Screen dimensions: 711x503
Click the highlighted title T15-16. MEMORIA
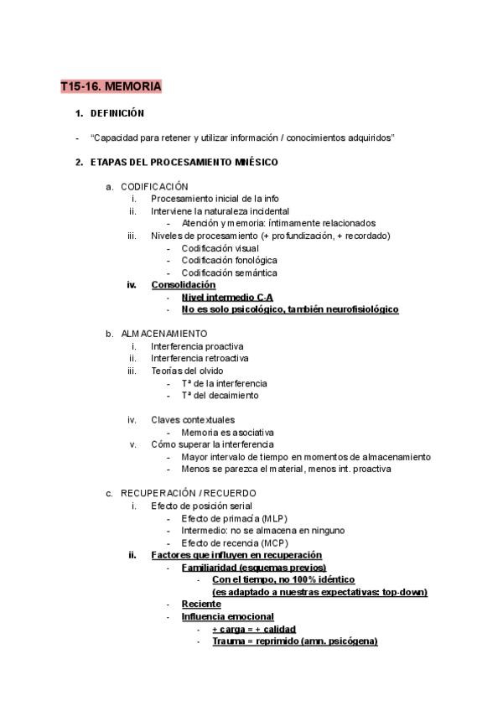click(111, 86)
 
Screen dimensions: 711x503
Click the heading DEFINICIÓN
click(117, 112)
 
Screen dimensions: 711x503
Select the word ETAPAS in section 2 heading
click(108, 162)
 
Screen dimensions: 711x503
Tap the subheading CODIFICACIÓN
click(154, 186)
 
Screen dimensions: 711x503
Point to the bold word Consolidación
click(183, 285)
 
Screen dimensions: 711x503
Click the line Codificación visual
click(220, 248)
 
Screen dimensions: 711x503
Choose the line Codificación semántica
click(229, 272)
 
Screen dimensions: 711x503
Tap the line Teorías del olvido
click(187, 371)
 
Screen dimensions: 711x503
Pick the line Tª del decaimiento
click(220, 395)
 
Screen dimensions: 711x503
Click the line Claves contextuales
click(193, 420)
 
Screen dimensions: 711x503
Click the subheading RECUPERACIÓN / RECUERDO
click(188, 493)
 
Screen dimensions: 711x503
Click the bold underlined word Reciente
click(201, 604)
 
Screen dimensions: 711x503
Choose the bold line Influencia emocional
click(226, 616)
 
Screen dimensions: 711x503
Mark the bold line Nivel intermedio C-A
click(227, 297)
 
